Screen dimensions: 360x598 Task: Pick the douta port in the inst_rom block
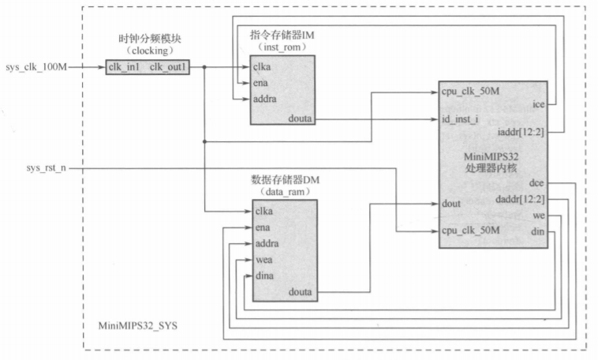pos(301,119)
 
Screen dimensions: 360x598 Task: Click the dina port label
pos(264,276)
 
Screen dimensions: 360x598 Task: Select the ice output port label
pos(538,103)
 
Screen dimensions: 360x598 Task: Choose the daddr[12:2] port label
pos(521,199)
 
